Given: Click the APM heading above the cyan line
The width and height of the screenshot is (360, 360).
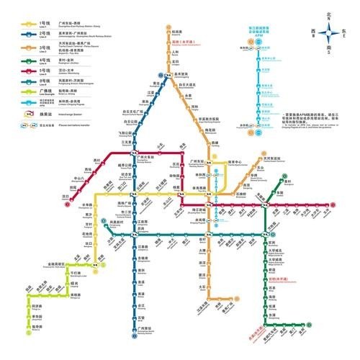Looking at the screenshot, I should pos(264,32).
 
